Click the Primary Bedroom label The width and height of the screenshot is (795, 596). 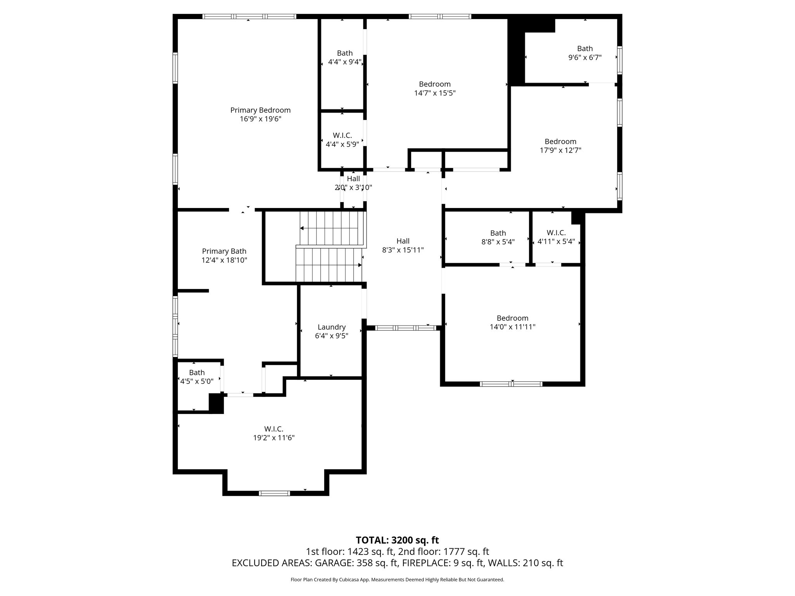(x=260, y=110)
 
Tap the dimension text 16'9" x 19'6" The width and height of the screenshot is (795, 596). (x=260, y=119)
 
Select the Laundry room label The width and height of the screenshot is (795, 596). (x=332, y=327)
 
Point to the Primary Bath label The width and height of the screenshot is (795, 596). (x=224, y=251)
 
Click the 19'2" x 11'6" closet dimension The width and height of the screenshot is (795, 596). (x=274, y=438)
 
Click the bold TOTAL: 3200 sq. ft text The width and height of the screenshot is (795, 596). (x=397, y=540)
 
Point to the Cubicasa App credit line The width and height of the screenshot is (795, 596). (x=397, y=580)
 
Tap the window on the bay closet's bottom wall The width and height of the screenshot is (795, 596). (x=274, y=493)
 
